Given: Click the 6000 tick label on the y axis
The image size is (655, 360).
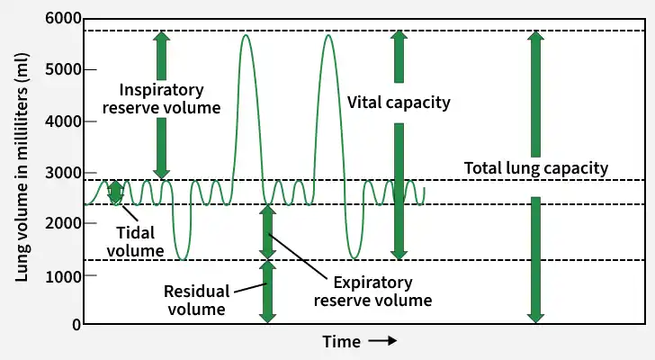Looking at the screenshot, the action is (x=63, y=18).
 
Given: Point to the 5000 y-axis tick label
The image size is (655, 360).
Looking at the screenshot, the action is (x=63, y=69).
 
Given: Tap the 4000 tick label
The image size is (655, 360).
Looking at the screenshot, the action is (x=63, y=121).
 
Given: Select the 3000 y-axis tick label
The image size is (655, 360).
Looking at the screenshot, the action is (x=63, y=173).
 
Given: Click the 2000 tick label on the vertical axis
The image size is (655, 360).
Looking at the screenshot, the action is (x=63, y=223).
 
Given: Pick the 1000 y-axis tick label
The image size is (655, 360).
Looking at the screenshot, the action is (x=63, y=275).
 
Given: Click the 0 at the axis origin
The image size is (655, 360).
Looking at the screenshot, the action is (x=76, y=325).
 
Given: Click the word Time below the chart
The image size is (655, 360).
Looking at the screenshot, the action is (x=341, y=342).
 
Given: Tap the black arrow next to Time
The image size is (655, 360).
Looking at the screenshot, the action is (x=382, y=341).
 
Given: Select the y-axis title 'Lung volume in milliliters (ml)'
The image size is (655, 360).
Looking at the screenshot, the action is (x=22, y=167).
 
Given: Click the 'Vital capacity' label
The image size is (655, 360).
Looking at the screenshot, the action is (x=399, y=103).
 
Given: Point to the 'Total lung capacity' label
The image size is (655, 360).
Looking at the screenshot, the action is (x=536, y=168).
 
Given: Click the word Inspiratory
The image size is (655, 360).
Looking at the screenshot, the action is (x=162, y=90).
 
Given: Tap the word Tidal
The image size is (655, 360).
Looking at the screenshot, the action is (x=135, y=232).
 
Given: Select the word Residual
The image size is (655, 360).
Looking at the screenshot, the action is (x=197, y=291).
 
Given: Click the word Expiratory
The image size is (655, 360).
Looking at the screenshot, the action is (x=373, y=283).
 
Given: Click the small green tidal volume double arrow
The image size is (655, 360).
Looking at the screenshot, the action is (x=116, y=193).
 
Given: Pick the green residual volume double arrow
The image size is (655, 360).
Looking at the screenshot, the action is (x=267, y=292).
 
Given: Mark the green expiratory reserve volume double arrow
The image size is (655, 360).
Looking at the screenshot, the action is (x=267, y=232).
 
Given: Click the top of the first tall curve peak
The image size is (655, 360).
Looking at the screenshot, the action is (x=246, y=35).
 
